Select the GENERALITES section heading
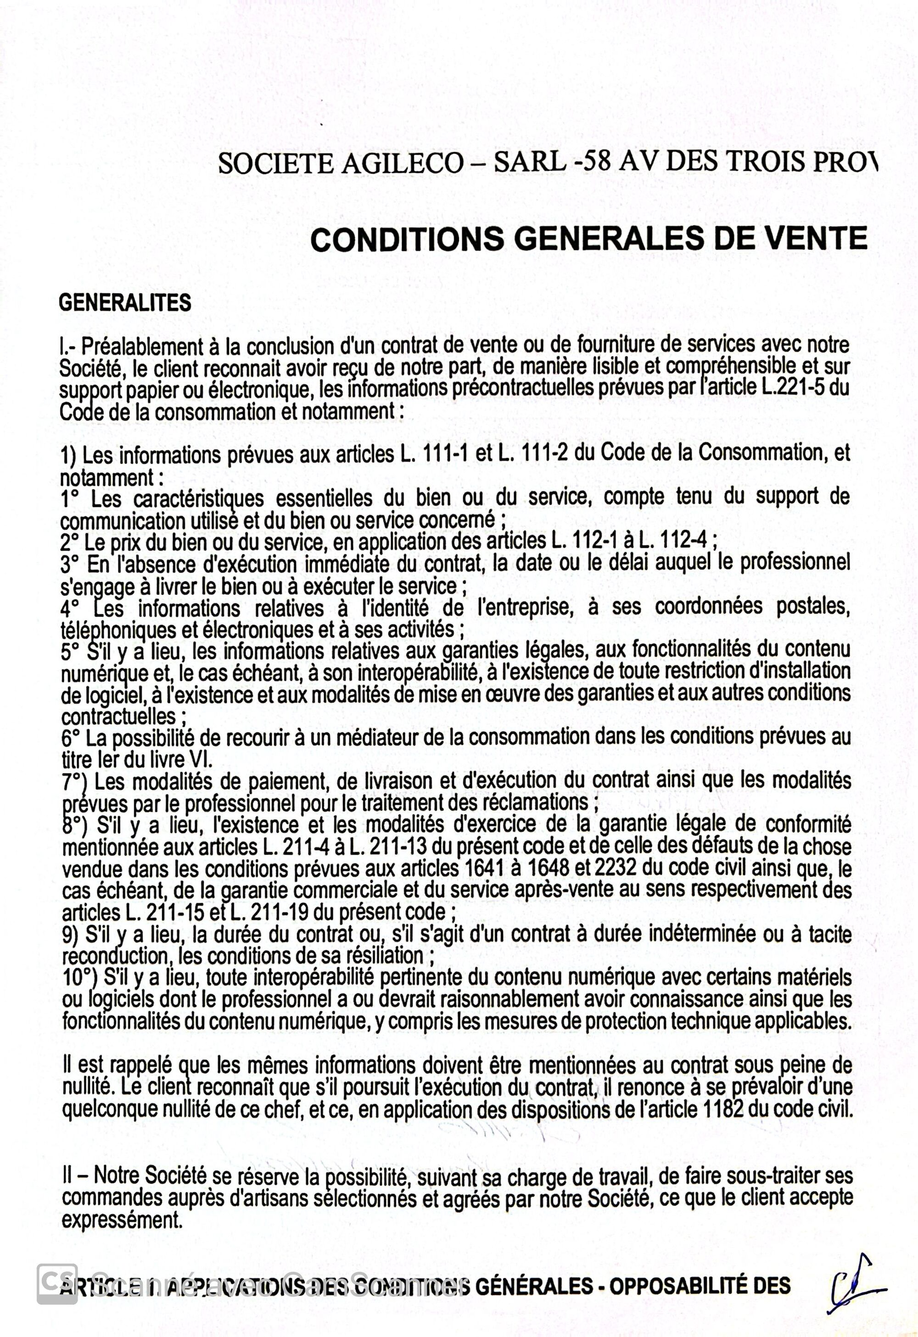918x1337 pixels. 125,303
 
